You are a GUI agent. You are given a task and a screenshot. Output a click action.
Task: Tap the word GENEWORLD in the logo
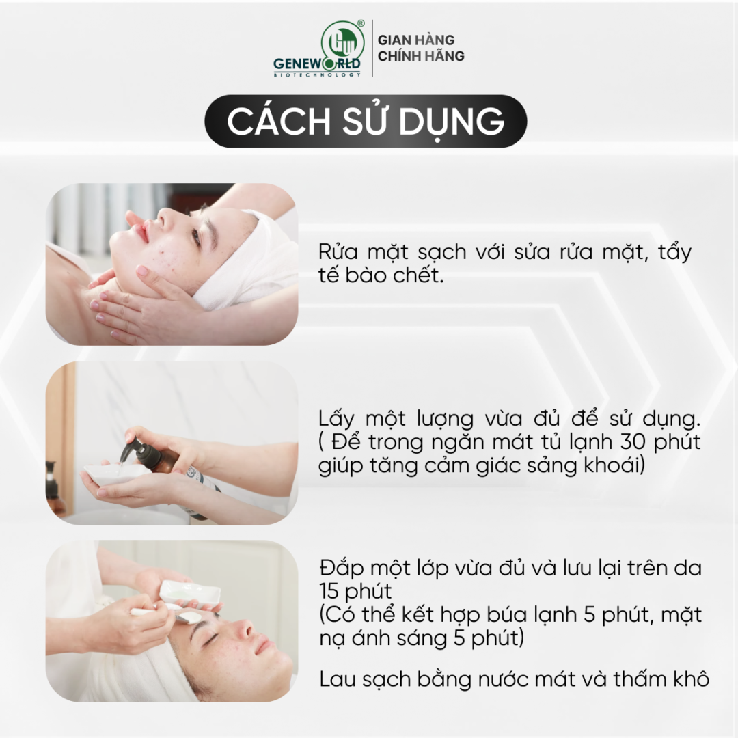pos(317,64)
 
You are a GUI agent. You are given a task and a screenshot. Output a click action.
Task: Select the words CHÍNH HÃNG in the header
pos(421,55)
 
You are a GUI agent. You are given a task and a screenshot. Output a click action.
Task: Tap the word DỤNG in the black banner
pos(452,122)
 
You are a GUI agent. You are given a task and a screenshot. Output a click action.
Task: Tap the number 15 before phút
pos(329,591)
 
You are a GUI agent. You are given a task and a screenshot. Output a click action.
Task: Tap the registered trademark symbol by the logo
pos(361,23)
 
